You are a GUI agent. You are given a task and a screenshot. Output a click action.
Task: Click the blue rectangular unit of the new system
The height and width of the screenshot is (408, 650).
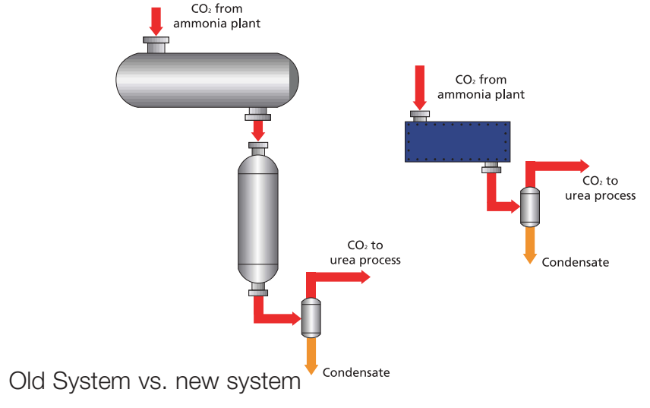pos(457,141)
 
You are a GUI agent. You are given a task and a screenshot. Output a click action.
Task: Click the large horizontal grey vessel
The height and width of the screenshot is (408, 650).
pos(207,80)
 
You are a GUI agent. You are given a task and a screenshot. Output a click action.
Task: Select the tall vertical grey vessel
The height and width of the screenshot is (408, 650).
pos(258,219)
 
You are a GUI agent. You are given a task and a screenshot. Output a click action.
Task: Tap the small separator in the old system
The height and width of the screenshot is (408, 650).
pos(311,318)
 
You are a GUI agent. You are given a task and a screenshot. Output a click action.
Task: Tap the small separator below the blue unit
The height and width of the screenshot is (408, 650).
pos(530,207)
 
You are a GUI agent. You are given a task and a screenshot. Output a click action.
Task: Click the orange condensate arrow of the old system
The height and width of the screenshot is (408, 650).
pos(311,356)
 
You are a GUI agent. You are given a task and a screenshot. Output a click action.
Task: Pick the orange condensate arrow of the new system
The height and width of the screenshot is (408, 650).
pos(530,245)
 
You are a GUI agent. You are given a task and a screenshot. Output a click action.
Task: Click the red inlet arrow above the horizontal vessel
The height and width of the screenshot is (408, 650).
pos(156,21)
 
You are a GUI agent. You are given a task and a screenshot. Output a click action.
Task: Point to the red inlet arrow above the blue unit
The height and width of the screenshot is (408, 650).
pos(420,87)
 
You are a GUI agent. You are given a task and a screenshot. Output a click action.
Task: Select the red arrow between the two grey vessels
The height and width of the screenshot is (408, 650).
pos(258,131)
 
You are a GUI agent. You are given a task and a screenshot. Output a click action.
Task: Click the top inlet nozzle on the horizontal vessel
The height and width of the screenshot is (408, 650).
pos(156,45)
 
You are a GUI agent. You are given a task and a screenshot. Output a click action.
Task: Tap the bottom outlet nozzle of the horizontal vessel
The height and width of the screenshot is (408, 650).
pos(258,114)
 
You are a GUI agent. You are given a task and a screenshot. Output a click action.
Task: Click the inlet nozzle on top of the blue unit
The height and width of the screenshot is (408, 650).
pos(420,116)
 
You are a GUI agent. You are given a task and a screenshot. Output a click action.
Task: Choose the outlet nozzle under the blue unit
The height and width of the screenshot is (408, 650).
pos(491,167)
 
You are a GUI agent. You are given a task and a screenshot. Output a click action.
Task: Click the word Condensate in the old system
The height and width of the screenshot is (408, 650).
pos(356,372)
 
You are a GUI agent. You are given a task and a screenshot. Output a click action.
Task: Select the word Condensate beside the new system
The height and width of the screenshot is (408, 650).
pos(576,262)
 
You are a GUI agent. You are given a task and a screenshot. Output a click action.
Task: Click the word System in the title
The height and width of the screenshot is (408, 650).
pos(91,381)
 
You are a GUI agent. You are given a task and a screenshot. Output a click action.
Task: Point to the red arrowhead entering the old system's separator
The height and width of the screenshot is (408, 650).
pos(296,318)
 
